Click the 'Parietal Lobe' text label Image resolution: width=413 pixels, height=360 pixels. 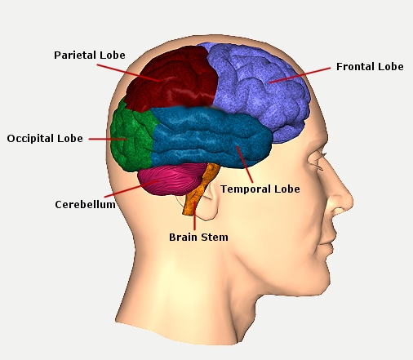click(x=90, y=56)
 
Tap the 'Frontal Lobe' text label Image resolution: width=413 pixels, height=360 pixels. click(x=370, y=67)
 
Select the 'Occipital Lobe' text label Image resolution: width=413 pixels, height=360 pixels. click(x=45, y=139)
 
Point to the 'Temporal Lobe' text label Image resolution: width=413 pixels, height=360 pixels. click(x=260, y=189)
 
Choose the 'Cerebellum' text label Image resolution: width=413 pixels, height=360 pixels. click(x=85, y=205)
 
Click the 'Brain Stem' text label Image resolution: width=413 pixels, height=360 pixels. click(x=198, y=238)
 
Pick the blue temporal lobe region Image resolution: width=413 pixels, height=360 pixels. click(x=210, y=137)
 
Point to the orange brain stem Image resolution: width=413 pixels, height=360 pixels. click(x=200, y=189)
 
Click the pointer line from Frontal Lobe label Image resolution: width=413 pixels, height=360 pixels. click(x=300, y=75)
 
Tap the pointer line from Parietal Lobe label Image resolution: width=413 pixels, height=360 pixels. click(x=128, y=73)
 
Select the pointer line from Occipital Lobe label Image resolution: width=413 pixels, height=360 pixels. click(x=108, y=139)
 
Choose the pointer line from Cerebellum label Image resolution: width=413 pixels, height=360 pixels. click(x=131, y=189)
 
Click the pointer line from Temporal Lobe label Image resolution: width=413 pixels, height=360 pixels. click(x=245, y=164)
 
